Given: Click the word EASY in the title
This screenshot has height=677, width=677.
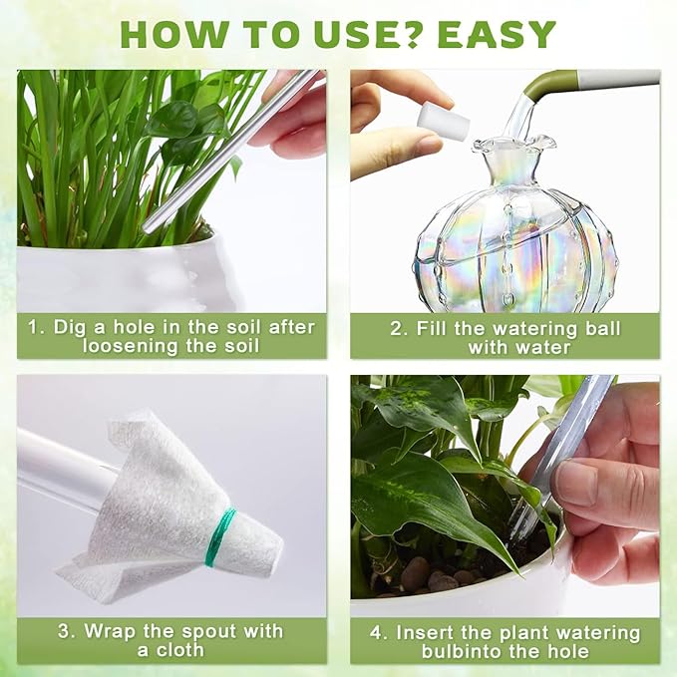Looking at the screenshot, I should pos(497,33).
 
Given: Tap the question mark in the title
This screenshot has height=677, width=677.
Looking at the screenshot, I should pos(415,33).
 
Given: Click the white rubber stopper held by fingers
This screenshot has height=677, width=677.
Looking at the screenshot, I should pos(442,120).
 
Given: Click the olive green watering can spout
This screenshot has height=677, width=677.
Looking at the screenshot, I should pos(559,85).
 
